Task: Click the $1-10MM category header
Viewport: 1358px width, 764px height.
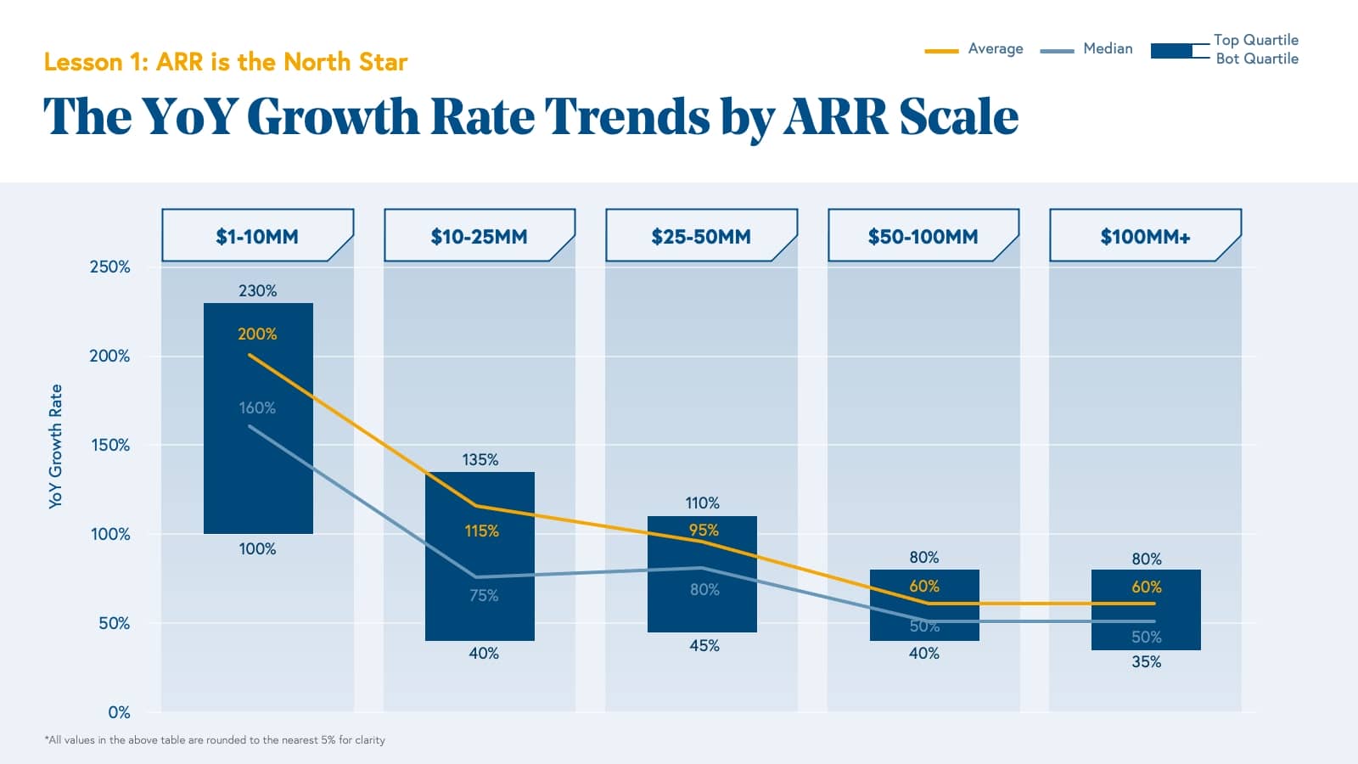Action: point(257,236)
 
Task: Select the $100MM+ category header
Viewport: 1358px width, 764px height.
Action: point(1145,236)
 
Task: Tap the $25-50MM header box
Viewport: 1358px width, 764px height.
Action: point(701,236)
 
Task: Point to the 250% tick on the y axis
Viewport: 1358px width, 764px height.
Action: point(110,267)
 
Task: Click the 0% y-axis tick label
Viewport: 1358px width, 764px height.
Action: point(119,712)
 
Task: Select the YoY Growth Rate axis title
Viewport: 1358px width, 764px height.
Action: point(56,447)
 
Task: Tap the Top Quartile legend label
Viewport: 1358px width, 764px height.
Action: point(1255,40)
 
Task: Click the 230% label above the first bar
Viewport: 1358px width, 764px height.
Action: point(257,290)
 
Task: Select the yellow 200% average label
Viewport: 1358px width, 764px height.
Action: point(257,334)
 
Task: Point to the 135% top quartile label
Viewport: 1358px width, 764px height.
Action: point(480,459)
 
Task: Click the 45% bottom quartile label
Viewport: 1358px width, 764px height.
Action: point(704,646)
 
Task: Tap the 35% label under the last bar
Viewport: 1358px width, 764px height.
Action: point(1146,662)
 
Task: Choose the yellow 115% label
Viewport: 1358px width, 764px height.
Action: point(481,531)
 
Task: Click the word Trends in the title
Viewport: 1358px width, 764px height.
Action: point(627,116)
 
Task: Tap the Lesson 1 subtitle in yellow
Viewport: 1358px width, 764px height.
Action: point(226,62)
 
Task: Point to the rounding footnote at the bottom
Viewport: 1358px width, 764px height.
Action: point(215,740)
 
